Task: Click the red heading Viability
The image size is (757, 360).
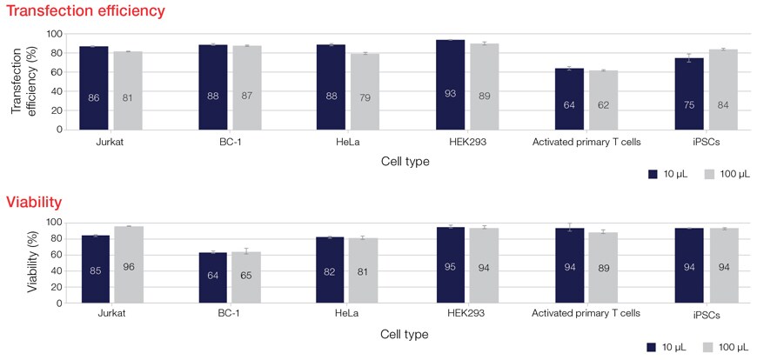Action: [34, 203]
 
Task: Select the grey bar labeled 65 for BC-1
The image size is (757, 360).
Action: [246, 277]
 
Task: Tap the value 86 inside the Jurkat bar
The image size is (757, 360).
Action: [94, 97]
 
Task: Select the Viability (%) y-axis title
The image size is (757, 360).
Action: [33, 261]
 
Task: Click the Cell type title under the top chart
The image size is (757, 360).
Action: [404, 161]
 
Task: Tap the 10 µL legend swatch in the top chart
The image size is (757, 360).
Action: [654, 174]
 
